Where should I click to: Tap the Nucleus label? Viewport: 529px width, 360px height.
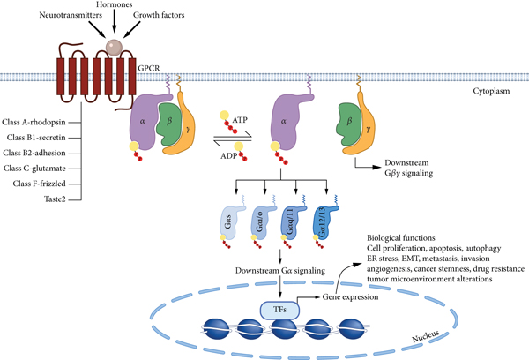(x=427, y=334)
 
